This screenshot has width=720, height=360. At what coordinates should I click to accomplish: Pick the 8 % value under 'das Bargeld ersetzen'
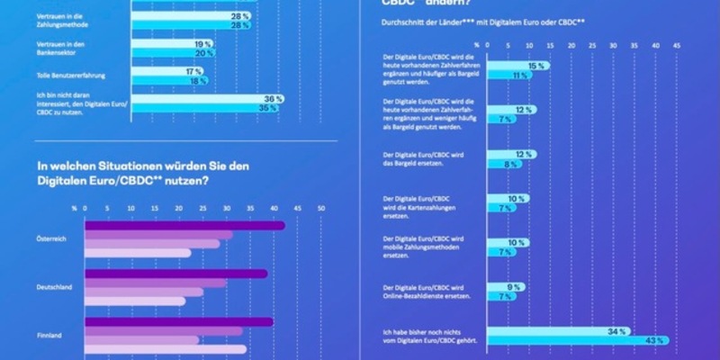[x=509, y=164]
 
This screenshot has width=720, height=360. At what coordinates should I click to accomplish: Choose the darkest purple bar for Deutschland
[x=175, y=274]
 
